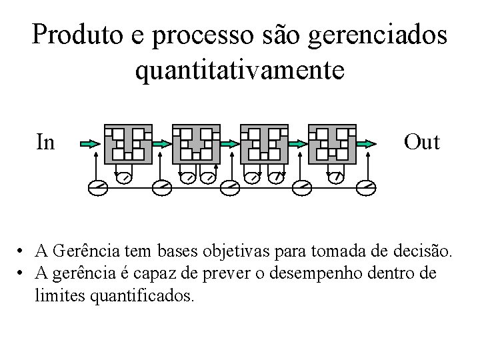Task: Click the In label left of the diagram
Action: coord(46,142)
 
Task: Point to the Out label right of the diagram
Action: coord(421,142)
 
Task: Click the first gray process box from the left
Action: coord(128,143)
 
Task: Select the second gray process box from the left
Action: coord(196,143)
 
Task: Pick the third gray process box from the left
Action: coord(264,143)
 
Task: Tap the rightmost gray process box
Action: coord(332,143)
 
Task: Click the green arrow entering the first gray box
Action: coord(89,143)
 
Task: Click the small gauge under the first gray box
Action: coord(124,177)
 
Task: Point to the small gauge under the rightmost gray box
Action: coord(337,177)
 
